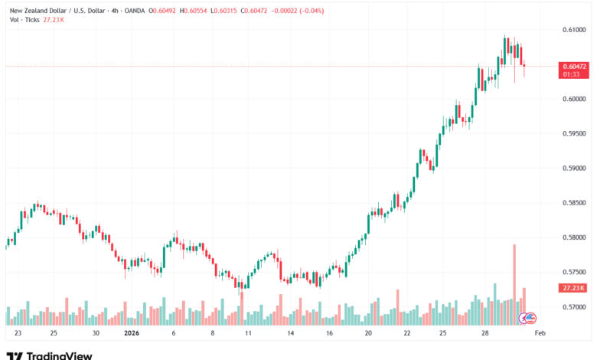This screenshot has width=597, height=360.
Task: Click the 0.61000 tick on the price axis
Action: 575,29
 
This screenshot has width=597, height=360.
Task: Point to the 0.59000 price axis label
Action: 575,168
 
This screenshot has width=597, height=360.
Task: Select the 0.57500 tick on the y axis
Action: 575,272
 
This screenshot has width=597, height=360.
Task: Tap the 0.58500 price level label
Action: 575,203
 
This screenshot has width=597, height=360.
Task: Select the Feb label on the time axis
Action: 539,334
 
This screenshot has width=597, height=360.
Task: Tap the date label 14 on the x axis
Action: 290,334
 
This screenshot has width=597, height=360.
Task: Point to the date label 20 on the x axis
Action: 368,334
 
